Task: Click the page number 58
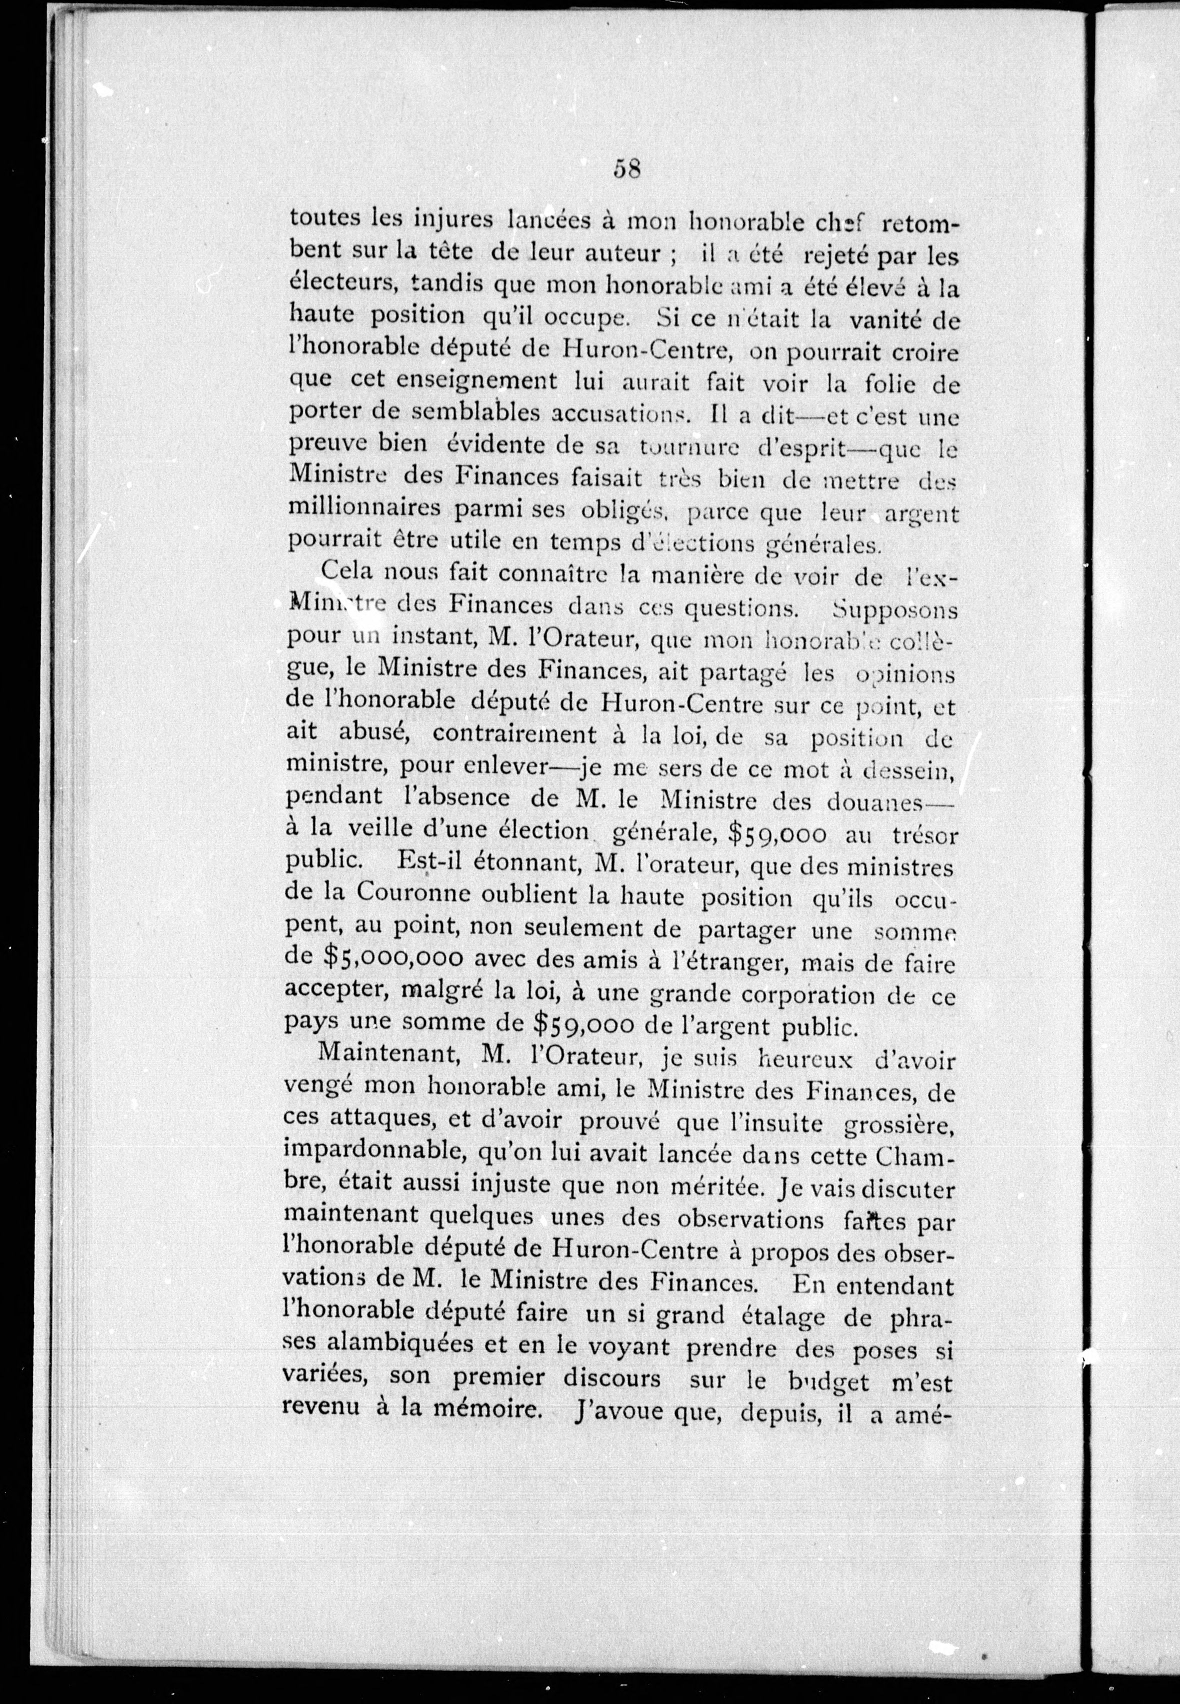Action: [626, 169]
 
